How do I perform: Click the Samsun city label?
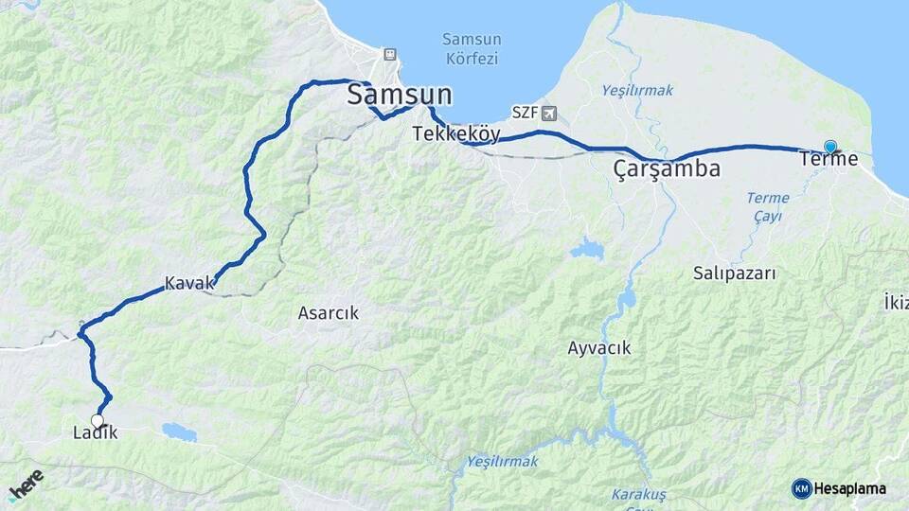(x=399, y=95)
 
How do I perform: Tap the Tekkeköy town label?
(x=455, y=134)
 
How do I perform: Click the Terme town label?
(x=829, y=159)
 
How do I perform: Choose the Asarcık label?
(x=329, y=312)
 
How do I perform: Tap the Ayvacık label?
(x=599, y=347)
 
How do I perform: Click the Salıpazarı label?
(x=735, y=273)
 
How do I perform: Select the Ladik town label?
(x=95, y=433)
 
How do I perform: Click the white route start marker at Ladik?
(x=97, y=420)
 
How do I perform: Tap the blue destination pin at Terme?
(x=830, y=147)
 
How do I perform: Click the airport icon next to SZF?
(x=550, y=114)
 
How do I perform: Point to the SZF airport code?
(x=525, y=114)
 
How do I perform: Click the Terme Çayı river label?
(x=766, y=206)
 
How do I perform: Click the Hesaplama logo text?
(x=849, y=488)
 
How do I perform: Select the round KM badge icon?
(x=801, y=488)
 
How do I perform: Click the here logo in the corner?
(x=26, y=485)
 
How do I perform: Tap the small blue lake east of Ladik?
(x=179, y=432)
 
